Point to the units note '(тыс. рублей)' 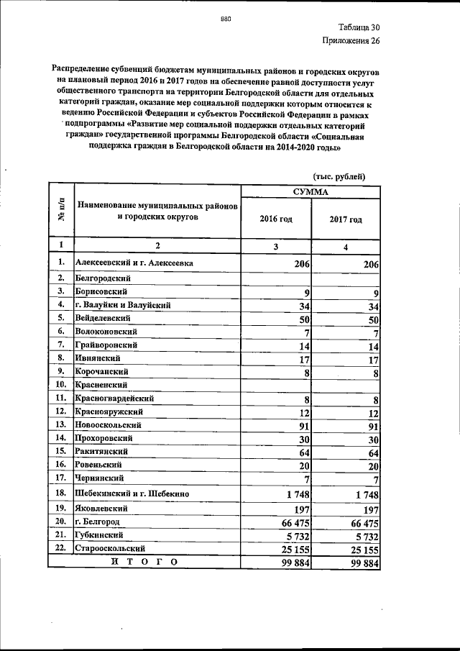click(340, 177)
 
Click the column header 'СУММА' click(310, 192)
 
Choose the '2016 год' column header click(275, 219)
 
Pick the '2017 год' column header click(345, 219)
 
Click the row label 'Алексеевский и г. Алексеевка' click(134, 263)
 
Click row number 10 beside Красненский click(62, 384)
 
